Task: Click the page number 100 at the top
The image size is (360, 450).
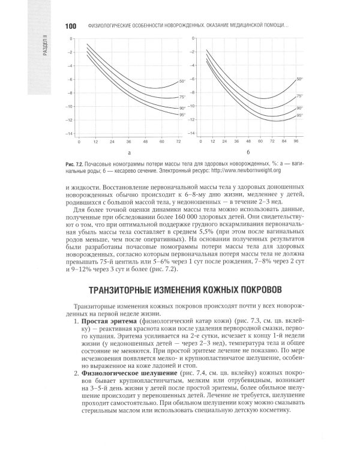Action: click(70, 27)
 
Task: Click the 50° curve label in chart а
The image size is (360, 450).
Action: click(182, 81)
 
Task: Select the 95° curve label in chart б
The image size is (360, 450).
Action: click(299, 116)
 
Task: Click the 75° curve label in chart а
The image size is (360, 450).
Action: click(182, 97)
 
